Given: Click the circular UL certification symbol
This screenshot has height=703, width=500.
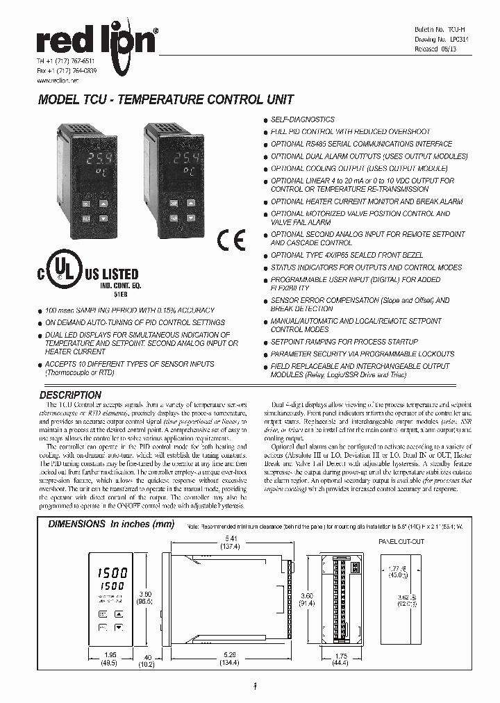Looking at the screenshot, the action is (64, 267).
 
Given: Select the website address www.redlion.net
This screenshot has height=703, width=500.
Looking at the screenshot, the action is (57, 81).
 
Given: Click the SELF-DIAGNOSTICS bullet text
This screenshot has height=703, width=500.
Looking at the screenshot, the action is (302, 119).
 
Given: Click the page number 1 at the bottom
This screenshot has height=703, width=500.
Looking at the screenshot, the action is (256, 688).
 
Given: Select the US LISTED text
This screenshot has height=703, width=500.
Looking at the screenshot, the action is (111, 274).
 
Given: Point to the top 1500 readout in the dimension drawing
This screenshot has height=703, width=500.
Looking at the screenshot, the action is (110, 573).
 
